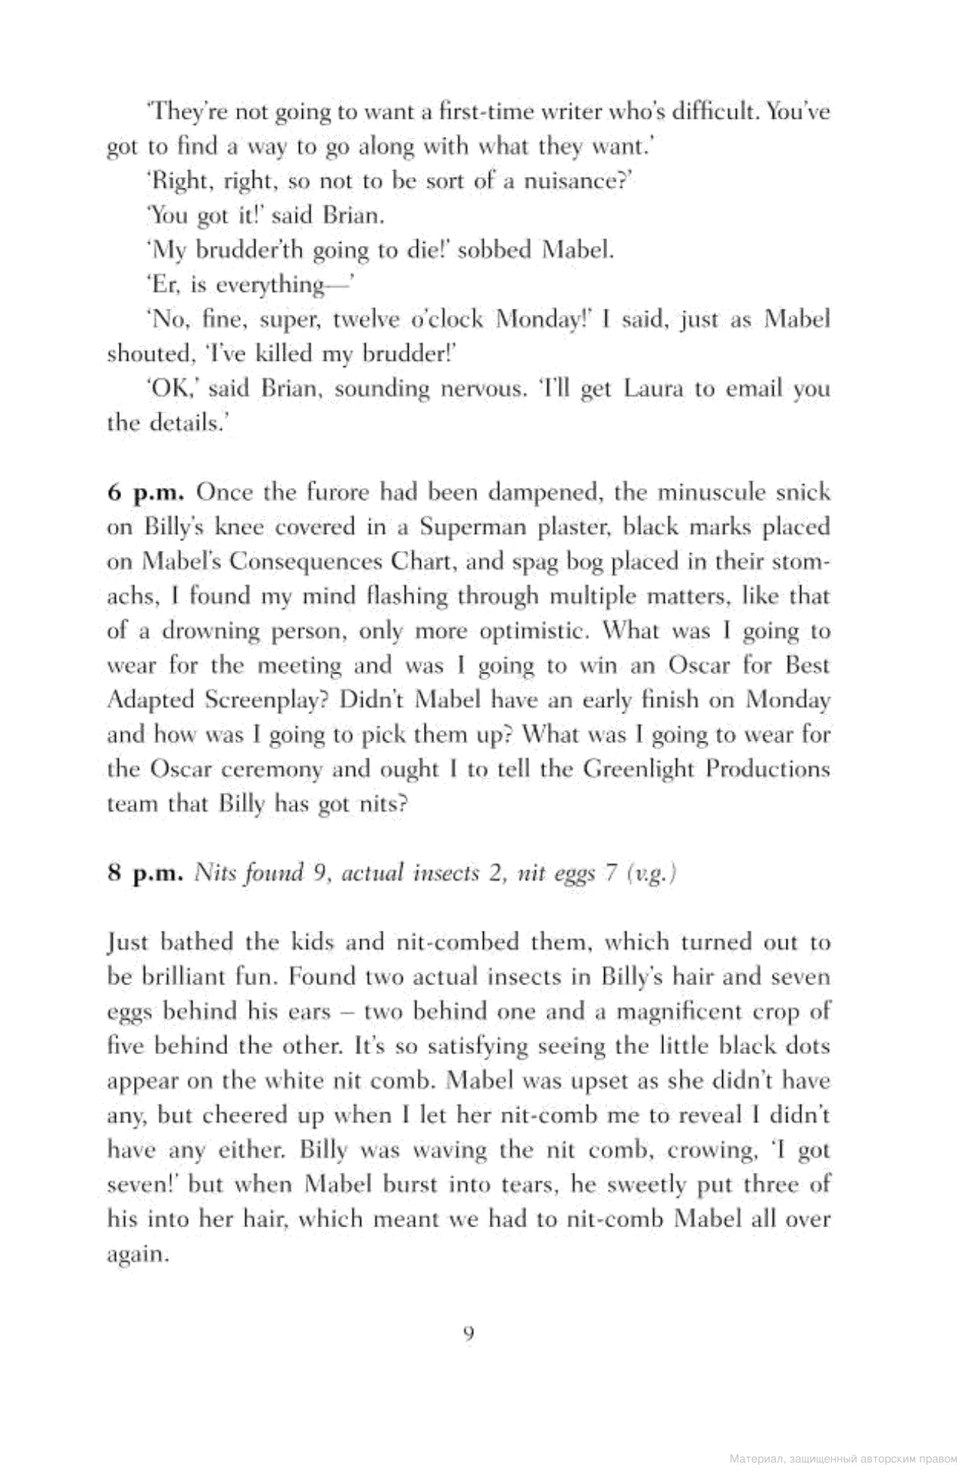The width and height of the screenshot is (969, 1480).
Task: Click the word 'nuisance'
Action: pyautogui.click(x=574, y=182)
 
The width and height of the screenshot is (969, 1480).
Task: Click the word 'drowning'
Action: pyautogui.click(x=200, y=631)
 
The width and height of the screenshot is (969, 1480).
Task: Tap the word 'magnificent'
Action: pyautogui.click(x=678, y=1012)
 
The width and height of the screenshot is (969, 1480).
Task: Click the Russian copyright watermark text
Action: pyautogui.click(x=843, y=1457)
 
